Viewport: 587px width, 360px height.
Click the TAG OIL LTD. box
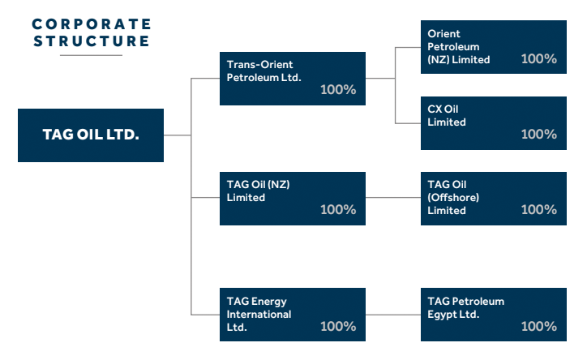pos(91,135)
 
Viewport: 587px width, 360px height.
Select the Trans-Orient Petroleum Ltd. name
pos(264,71)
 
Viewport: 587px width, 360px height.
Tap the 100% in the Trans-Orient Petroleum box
pos(338,89)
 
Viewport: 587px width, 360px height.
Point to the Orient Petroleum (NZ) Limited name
pos(459,47)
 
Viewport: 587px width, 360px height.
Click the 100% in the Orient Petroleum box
pos(539,58)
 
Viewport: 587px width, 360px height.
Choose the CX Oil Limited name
pos(447,116)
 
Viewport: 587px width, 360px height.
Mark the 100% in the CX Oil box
pos(539,134)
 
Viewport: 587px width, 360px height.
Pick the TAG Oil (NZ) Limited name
pos(258,191)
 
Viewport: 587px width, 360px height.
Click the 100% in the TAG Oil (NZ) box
pos(338,209)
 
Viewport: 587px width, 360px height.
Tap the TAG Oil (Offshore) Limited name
pos(453,197)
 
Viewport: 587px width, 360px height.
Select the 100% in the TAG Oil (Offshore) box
pos(539,209)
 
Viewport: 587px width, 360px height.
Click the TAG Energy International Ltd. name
pos(259,314)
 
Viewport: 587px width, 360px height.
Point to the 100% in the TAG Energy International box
pos(338,326)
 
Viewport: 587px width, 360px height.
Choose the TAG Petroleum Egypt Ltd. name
pos(465,308)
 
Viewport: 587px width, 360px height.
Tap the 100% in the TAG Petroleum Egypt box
pos(539,326)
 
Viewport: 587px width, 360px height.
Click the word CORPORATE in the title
pos(92,24)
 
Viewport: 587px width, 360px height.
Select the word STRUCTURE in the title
pos(92,41)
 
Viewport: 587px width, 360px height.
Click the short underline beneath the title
pos(91,55)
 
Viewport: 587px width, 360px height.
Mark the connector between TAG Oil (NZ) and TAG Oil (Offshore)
pos(393,197)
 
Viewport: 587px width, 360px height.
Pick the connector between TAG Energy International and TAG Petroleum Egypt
pos(393,315)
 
